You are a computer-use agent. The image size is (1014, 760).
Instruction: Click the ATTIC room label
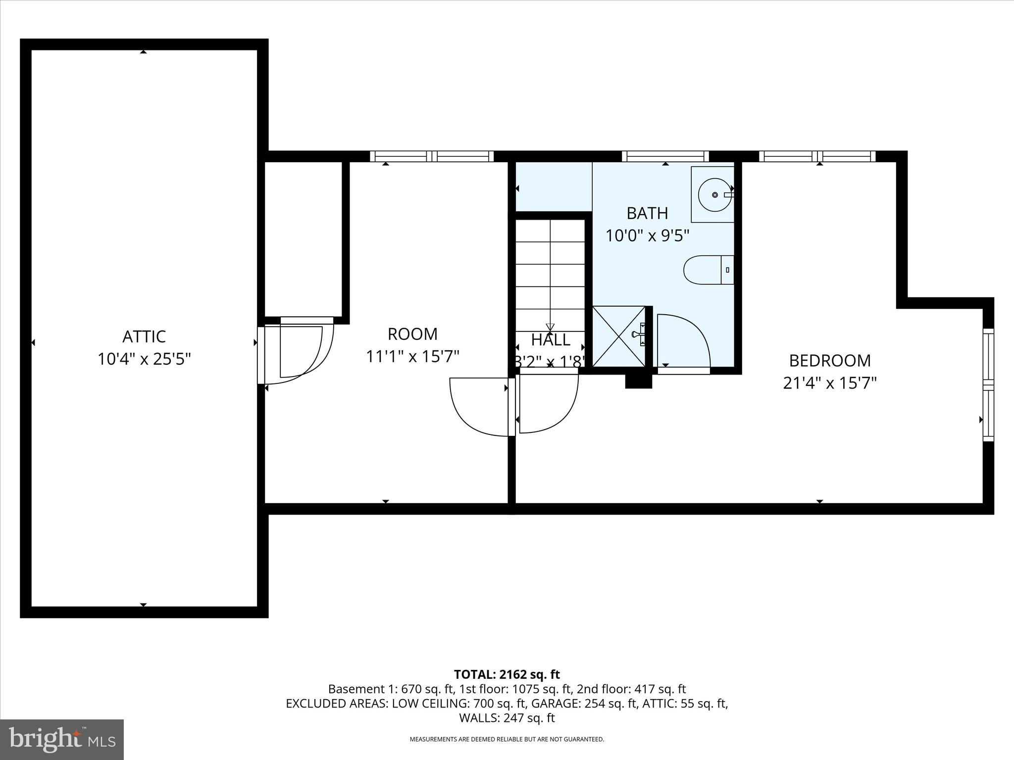click(144, 336)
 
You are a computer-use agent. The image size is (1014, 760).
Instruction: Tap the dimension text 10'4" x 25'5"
click(144, 359)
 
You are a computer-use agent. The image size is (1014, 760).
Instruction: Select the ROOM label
click(412, 334)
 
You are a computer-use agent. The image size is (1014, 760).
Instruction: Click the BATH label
click(647, 213)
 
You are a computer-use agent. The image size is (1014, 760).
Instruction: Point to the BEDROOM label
click(830, 360)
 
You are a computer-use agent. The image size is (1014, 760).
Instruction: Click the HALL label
click(551, 340)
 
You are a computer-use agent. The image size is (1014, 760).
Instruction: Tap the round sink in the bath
click(715, 195)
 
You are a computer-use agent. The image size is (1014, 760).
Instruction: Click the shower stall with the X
click(619, 336)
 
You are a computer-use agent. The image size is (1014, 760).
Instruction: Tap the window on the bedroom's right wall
click(988, 385)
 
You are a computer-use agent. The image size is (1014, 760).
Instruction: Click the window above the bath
click(665, 156)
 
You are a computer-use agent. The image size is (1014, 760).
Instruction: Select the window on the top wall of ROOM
click(432, 156)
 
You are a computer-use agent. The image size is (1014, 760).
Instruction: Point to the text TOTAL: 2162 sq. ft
click(507, 674)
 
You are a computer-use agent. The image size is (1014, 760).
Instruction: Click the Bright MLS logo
click(62, 740)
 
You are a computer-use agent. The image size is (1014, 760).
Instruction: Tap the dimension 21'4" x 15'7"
click(830, 383)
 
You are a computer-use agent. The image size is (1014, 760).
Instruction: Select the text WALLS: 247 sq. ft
click(507, 718)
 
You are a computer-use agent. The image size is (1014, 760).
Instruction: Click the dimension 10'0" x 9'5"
click(647, 236)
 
